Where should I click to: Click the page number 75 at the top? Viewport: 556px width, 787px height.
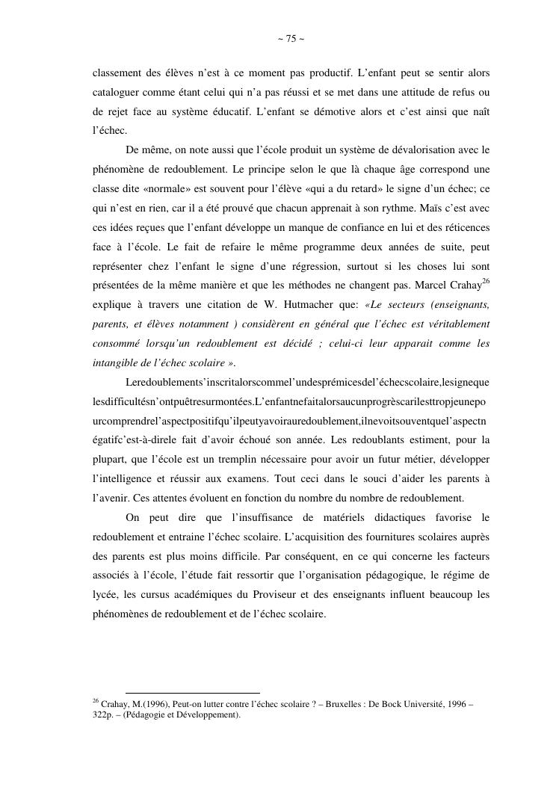point(291,39)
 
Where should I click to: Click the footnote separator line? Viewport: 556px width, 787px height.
point(193,694)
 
